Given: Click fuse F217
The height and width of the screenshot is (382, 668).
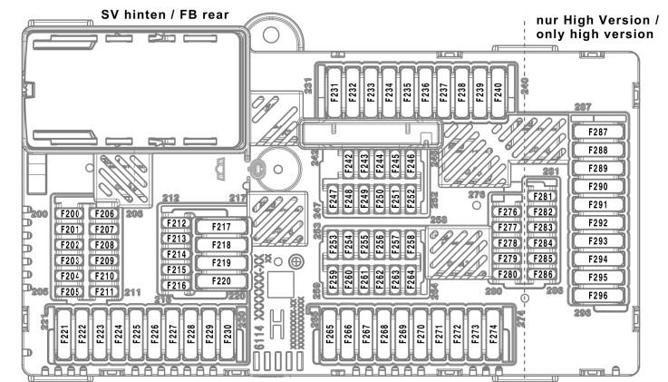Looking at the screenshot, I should coord(221,227).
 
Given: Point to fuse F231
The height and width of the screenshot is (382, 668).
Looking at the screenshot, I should coord(334,93).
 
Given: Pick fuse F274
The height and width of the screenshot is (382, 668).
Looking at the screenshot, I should coord(493,337).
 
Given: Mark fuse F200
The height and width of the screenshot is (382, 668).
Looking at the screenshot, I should coord(71,214).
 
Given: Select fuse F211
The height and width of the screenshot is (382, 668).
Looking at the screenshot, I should coord(103,292).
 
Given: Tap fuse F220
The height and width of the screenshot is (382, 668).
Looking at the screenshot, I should coord(221,281).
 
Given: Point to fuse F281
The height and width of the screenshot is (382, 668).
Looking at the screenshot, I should coord(542,197).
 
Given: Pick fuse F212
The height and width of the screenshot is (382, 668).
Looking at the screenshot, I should coord(177,224).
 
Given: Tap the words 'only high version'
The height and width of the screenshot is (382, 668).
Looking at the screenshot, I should coord(594,34).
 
